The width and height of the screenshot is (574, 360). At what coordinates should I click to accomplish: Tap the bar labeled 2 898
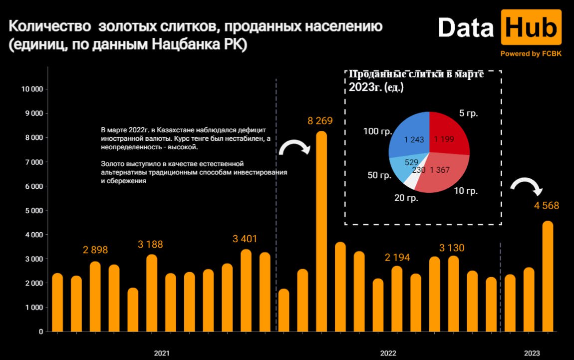[x=95, y=297]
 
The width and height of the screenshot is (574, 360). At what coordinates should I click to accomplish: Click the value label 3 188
[x=150, y=245]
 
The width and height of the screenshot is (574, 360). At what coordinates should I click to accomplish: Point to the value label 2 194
[x=397, y=258]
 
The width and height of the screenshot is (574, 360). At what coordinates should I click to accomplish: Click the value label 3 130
[x=452, y=248]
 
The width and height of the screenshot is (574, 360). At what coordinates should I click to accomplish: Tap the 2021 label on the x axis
[x=162, y=353]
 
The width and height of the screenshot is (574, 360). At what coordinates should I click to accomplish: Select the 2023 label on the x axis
[x=532, y=353]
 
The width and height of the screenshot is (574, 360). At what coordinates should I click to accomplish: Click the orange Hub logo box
[x=531, y=27]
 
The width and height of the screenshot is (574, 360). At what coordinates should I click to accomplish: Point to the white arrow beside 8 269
[x=294, y=146]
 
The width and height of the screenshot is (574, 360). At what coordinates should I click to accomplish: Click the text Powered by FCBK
[x=531, y=54]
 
